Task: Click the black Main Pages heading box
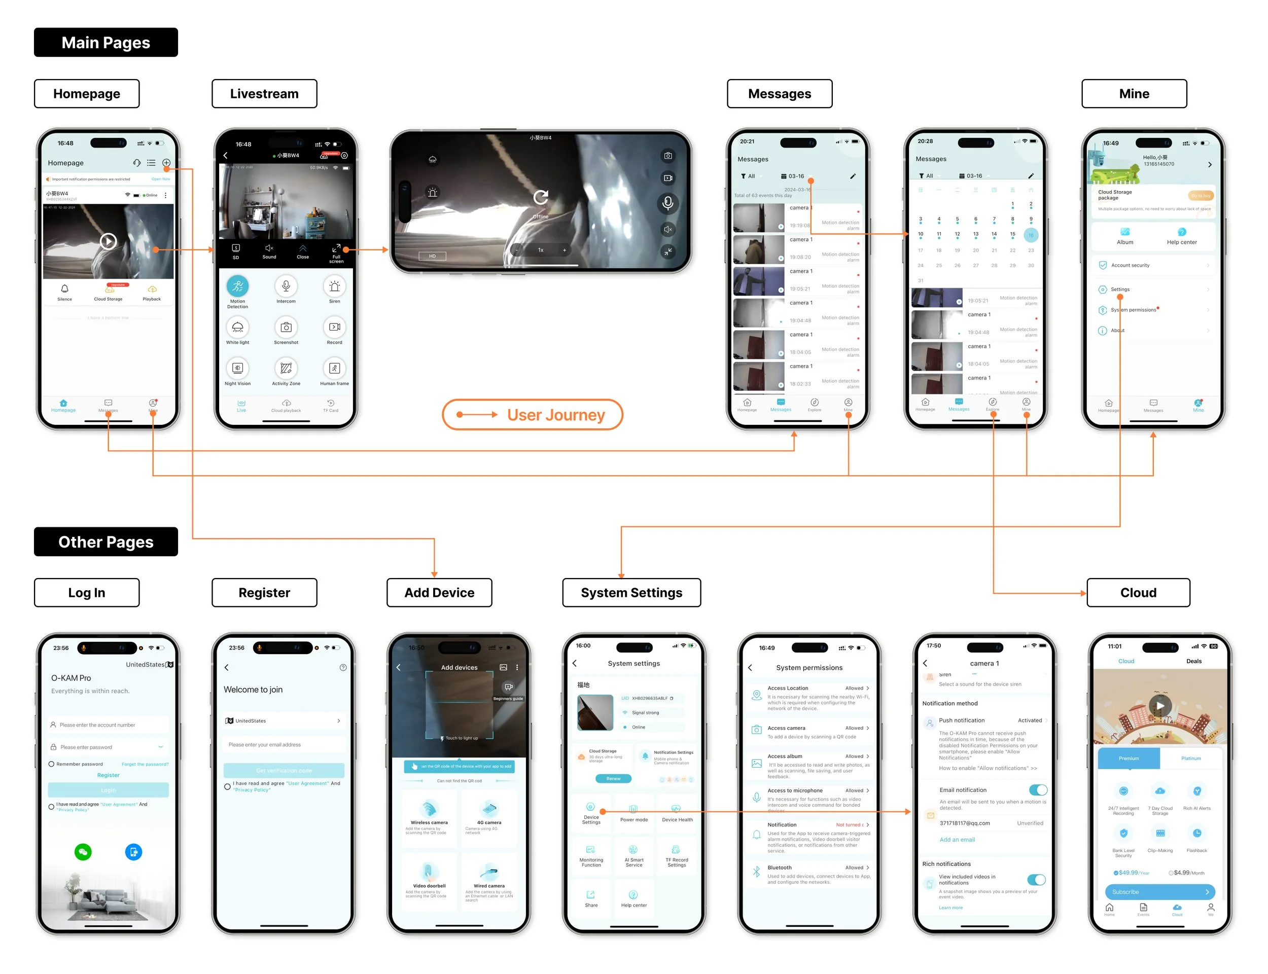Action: tap(105, 42)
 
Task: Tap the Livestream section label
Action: tap(264, 93)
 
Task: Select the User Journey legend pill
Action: tap(532, 415)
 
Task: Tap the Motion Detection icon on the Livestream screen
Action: tap(237, 286)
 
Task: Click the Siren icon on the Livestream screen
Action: tap(335, 286)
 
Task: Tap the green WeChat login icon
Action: tap(83, 852)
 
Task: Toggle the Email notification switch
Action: tap(1037, 789)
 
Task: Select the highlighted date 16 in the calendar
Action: tap(1030, 235)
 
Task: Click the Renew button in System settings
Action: tap(613, 779)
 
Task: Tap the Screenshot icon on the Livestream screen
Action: tap(286, 328)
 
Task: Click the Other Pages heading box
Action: tap(105, 542)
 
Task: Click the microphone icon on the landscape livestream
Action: tap(667, 203)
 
